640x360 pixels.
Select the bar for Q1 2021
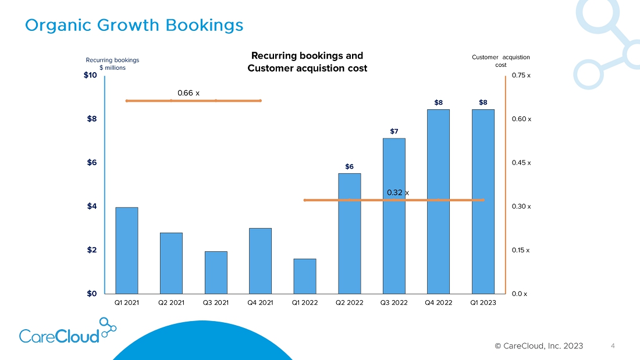pos(127,250)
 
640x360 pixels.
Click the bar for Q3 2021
pos(216,272)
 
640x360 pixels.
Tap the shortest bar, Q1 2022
pos(305,276)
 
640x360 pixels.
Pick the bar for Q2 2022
pos(349,233)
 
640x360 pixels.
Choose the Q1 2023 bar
pos(483,201)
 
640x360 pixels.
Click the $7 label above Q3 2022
pos(394,131)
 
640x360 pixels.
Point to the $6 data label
pos(349,167)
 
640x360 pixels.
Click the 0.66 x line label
pos(189,93)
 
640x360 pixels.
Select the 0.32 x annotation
pos(398,193)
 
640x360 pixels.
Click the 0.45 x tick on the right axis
pos(521,163)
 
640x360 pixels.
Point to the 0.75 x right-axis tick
pos(521,76)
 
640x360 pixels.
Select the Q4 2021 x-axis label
pos(260,302)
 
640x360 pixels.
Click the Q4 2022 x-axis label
pos(438,302)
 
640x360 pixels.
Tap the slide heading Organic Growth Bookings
pos(134,26)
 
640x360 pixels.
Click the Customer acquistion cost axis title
pos(500,60)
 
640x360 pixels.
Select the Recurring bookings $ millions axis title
pos(112,63)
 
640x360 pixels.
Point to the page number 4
pos(613,346)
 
